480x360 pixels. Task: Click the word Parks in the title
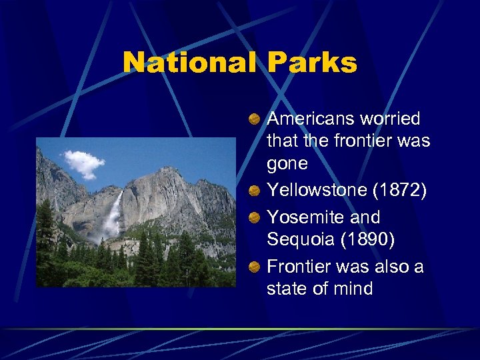312,63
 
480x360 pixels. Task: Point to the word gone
287,163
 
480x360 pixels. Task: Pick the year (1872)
398,190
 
